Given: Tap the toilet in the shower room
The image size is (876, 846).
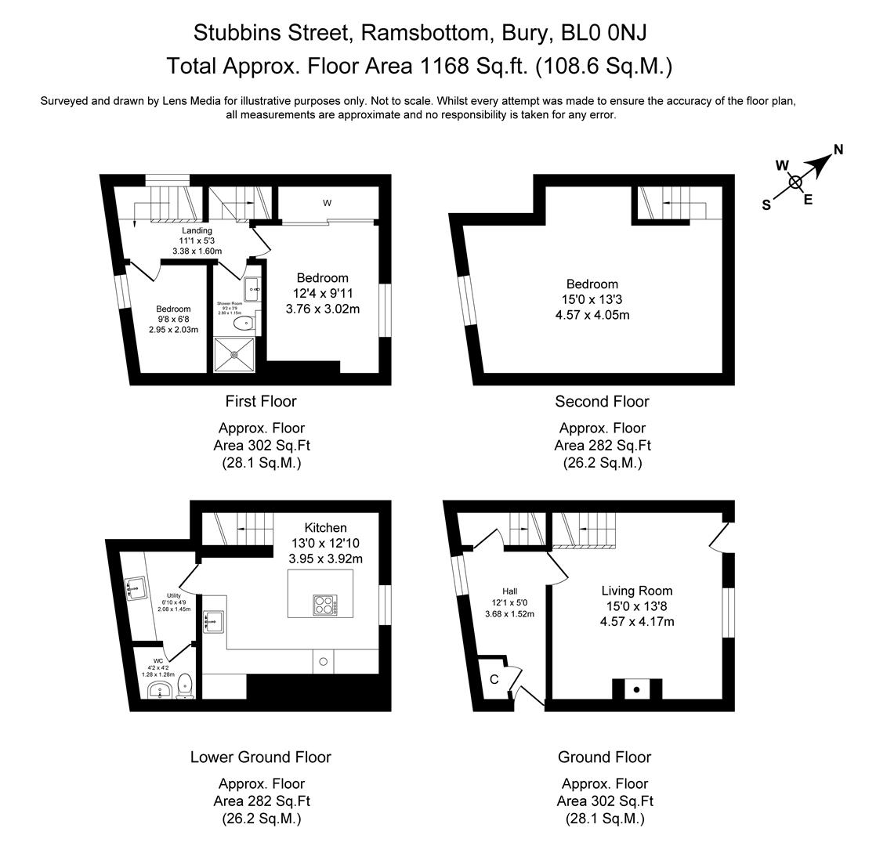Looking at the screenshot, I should pos(248,321).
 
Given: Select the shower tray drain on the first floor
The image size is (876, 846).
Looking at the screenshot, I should pos(234,354).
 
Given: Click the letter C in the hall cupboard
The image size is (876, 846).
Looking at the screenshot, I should pos(494,679).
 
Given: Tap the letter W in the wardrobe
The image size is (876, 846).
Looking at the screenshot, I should pos(328,204).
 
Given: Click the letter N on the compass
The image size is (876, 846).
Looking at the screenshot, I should pos(838,150).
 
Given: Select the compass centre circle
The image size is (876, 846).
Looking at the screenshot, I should pos(795,183).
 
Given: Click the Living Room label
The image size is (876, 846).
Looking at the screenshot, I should pos(636,591).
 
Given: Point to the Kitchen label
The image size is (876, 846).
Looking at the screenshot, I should pos(325,528).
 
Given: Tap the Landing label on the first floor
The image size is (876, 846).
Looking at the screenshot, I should pos(197,230).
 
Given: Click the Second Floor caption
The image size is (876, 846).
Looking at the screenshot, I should pos(602,402).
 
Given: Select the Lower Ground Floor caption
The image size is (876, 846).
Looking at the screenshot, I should pos(260,757).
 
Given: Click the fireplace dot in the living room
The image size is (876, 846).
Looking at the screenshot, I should pos(637,689).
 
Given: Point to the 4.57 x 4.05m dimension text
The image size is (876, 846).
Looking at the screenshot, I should pos(592,316).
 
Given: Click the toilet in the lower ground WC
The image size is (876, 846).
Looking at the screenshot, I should pos(186,685).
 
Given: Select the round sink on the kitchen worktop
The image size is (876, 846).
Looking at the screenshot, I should pos(323,662).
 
